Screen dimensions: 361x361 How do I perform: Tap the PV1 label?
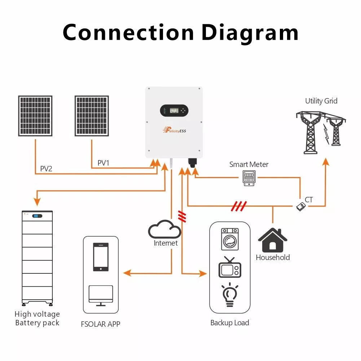(104, 163)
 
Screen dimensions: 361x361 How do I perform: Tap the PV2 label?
(46, 168)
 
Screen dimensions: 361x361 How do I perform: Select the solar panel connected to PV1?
(92, 116)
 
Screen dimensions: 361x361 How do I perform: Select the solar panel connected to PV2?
(35, 116)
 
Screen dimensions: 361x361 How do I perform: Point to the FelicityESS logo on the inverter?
(174, 130)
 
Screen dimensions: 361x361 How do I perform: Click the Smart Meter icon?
(249, 178)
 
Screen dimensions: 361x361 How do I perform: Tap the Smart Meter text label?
(249, 164)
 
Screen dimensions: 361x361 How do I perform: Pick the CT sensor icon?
(301, 206)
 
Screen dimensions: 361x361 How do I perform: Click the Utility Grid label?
(321, 101)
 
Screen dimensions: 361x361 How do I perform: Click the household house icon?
(273, 240)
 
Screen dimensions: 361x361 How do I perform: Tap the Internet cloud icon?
(165, 229)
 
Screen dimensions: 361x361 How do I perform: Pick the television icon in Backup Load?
(230, 268)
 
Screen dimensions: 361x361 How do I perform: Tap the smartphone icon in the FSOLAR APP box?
(101, 257)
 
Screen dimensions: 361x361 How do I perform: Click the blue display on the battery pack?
(38, 216)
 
